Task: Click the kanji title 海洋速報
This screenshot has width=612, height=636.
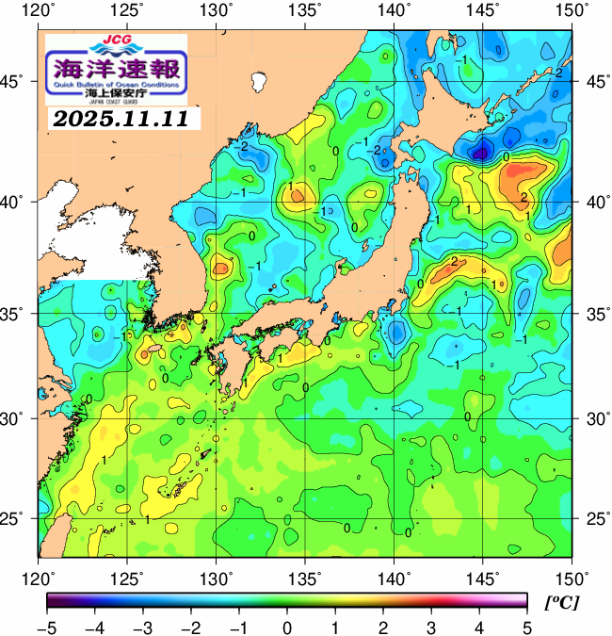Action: (116, 68)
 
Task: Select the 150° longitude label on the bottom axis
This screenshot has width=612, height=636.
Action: (572, 576)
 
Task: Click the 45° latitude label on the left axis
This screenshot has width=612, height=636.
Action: (16, 82)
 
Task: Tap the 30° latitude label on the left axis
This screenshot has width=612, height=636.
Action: (16, 417)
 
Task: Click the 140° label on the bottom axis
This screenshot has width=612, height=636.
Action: (395, 576)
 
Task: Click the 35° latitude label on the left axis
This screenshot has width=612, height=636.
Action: (16, 313)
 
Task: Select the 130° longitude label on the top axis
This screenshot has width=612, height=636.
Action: (217, 10)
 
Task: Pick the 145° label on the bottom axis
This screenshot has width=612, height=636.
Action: (484, 576)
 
